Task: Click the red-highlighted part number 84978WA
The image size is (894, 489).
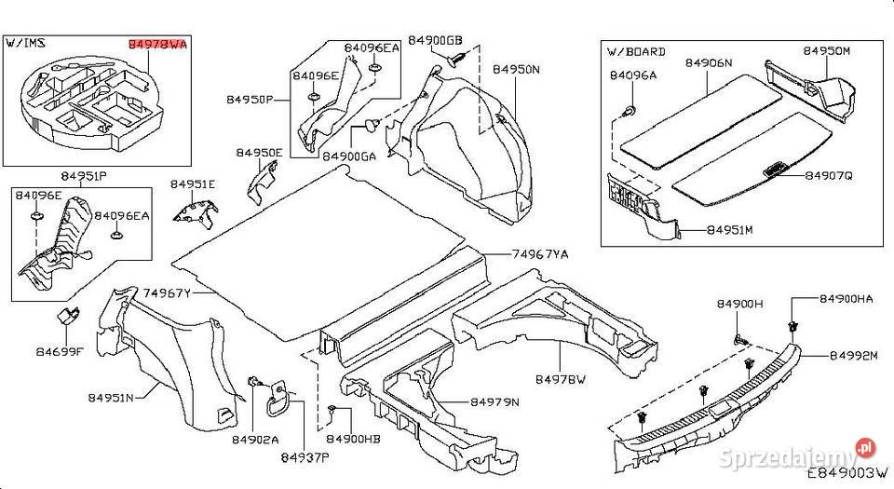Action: click(156, 43)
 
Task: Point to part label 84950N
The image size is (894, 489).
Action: click(516, 69)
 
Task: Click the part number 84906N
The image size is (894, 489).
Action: click(708, 63)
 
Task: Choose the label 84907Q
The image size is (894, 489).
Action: click(829, 175)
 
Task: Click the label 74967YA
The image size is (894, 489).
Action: click(539, 253)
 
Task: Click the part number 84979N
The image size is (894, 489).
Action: click(494, 402)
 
